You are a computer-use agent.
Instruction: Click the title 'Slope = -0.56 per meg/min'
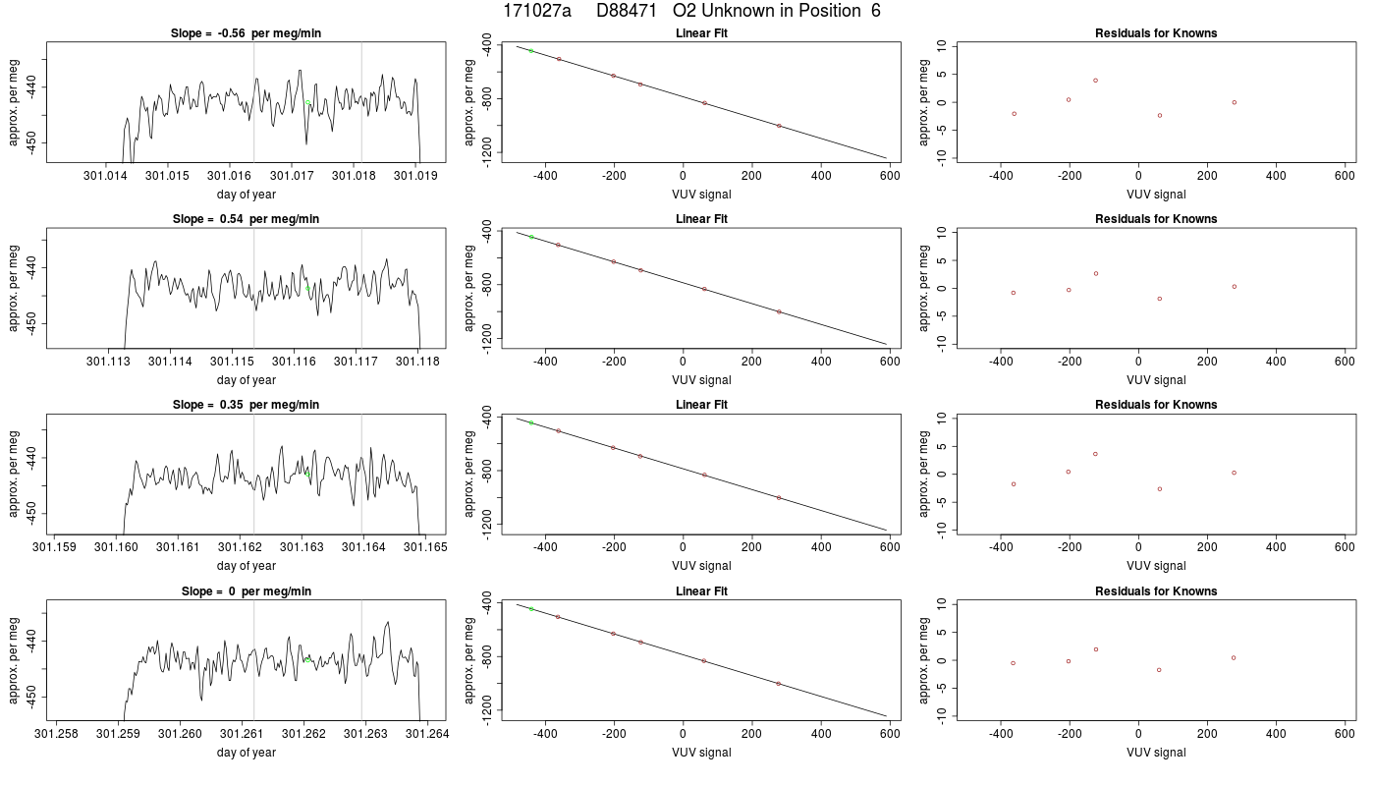[x=246, y=33]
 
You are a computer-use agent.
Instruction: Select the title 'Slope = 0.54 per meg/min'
[x=246, y=218]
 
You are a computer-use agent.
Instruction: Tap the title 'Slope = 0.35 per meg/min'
[x=246, y=405]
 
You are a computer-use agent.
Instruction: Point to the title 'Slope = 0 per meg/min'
[x=247, y=590]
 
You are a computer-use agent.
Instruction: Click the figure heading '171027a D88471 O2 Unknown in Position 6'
[x=691, y=11]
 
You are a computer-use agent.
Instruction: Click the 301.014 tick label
[x=106, y=176]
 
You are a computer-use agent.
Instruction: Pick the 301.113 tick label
[x=109, y=362]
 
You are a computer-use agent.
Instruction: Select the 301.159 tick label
[x=55, y=547]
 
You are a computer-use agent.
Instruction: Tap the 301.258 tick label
[x=57, y=733]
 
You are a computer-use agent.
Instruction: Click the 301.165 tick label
[x=425, y=547]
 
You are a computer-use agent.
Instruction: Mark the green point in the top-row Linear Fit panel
[x=531, y=51]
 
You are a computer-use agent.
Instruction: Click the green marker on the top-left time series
[x=307, y=102]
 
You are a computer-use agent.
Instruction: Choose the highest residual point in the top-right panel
[x=1095, y=81]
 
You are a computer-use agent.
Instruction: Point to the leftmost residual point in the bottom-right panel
[x=1013, y=663]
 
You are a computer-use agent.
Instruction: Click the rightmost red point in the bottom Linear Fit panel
[x=778, y=684]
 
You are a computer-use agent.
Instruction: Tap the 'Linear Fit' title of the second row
[x=701, y=218]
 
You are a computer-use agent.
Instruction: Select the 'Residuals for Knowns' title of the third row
[x=1156, y=405]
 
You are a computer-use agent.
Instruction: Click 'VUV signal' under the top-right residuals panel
[x=1156, y=195]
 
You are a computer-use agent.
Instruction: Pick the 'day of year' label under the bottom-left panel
[x=247, y=753]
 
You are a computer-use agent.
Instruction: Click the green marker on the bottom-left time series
[x=307, y=660]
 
